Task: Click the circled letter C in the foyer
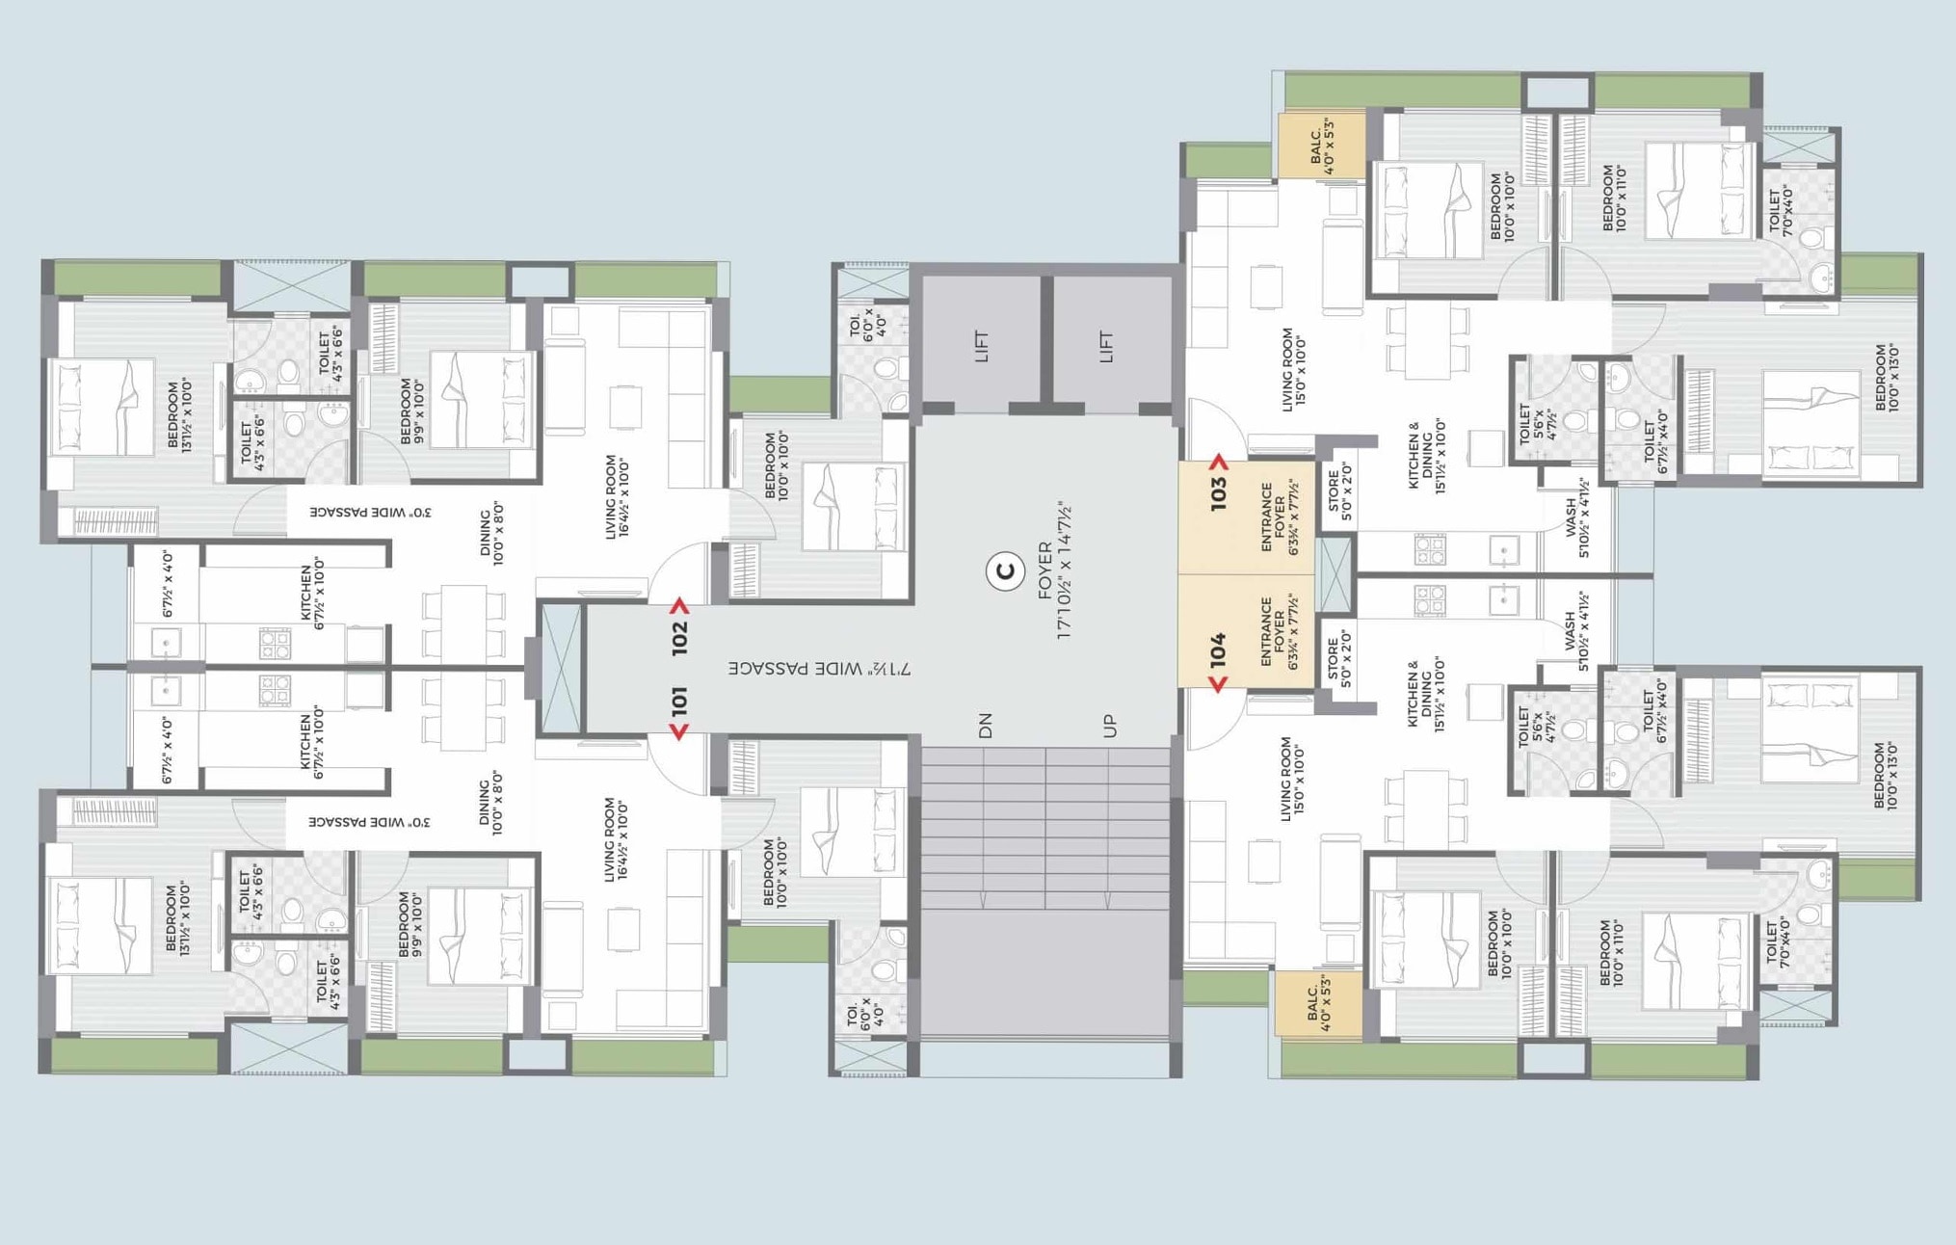click(x=1005, y=572)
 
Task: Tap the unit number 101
click(x=679, y=701)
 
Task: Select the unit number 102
click(x=680, y=638)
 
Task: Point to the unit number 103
click(x=1219, y=494)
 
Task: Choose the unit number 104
click(x=1219, y=649)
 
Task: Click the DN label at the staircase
click(x=985, y=726)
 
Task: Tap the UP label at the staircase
click(x=1110, y=726)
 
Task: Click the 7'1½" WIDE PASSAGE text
click(x=819, y=668)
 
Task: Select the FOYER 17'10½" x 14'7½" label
click(x=1055, y=570)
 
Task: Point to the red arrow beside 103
click(x=1219, y=463)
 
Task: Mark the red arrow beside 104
click(x=1218, y=684)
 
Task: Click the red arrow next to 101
click(x=679, y=733)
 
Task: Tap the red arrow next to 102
click(x=680, y=606)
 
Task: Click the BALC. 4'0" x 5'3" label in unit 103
click(x=1321, y=147)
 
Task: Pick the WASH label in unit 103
click(x=1576, y=520)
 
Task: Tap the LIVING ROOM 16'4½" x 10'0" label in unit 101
click(x=617, y=838)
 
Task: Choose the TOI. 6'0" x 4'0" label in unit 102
click(x=867, y=324)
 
